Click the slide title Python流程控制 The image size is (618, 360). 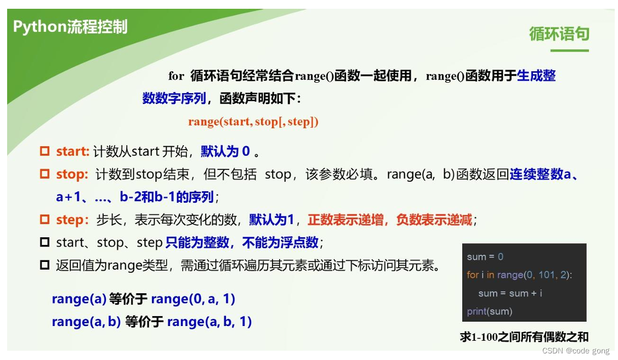pos(70,27)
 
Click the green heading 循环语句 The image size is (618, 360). pos(559,34)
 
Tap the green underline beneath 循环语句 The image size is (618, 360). pos(569,51)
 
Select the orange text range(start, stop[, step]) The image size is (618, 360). pos(253,122)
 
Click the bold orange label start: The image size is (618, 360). pos(72,151)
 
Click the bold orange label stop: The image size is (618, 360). pos(72,175)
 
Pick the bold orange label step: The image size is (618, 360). pos(72,220)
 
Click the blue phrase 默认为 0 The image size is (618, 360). pos(225,151)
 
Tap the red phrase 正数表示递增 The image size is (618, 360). pos(348,220)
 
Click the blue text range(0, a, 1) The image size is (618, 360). pos(193,299)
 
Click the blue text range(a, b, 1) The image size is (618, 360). pos(209,322)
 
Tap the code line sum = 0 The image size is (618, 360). pos(485,256)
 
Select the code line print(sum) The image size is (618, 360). pos(489,311)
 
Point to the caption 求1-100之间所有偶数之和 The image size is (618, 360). pos(524,337)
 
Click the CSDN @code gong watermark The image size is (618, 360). pos(576,351)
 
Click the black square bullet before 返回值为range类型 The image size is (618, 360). pos(45,265)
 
